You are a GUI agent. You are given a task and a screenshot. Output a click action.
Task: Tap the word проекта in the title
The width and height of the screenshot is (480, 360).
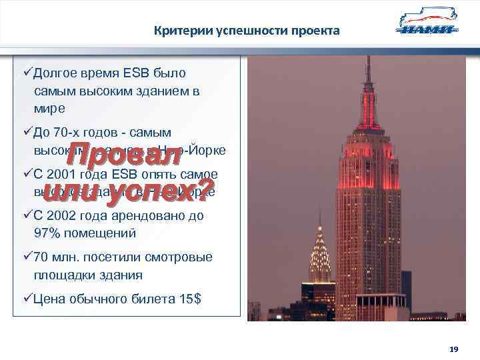315,31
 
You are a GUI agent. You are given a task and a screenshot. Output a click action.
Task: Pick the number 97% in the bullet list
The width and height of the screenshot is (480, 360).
48,233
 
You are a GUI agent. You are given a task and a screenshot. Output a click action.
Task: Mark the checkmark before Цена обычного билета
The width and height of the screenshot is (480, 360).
27,299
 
